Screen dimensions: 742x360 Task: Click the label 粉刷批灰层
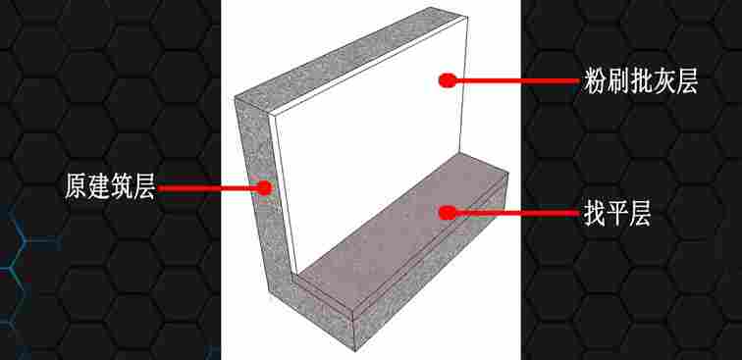click(x=641, y=81)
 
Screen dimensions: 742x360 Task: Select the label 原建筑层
click(x=110, y=187)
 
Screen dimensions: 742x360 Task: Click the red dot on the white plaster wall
click(x=447, y=80)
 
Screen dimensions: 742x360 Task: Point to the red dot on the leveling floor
click(x=447, y=213)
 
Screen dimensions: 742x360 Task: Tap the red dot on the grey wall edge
click(x=264, y=187)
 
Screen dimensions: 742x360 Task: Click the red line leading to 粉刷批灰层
click(x=516, y=80)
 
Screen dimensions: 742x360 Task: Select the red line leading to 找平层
click(x=516, y=213)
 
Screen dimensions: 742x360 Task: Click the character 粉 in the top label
click(x=595, y=81)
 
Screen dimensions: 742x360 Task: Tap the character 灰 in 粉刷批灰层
click(x=663, y=81)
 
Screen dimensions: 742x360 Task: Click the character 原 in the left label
click(x=77, y=187)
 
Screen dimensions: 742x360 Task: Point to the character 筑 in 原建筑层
click(x=122, y=187)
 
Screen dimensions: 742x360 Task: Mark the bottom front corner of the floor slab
click(x=355, y=350)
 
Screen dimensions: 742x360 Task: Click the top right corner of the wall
click(x=467, y=18)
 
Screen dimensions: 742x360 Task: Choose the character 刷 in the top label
click(x=617, y=81)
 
